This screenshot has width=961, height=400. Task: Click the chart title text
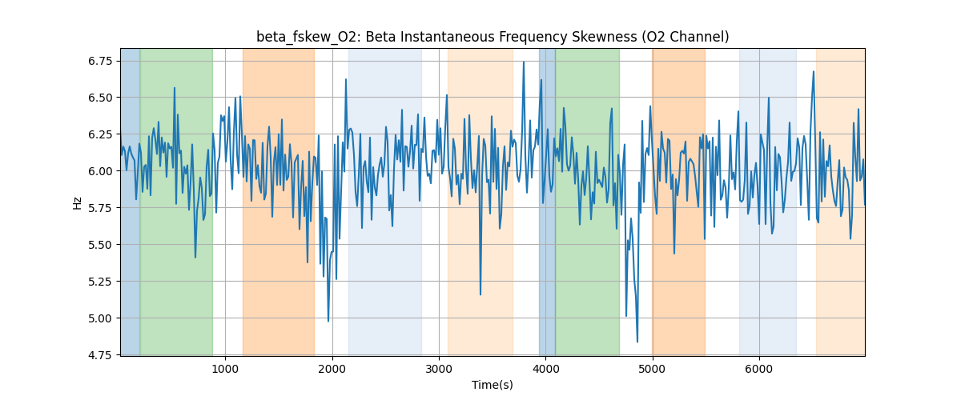[x=493, y=37]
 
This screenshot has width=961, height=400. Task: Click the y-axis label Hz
[x=78, y=202]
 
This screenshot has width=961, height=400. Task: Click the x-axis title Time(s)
[x=493, y=385]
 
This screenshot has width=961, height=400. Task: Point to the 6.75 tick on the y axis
[x=100, y=61]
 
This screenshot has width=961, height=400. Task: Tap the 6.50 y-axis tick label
[x=100, y=98]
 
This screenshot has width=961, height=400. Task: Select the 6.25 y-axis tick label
[x=100, y=134]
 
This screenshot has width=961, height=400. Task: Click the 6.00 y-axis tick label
[x=100, y=171]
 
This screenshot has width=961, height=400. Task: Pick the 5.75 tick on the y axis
[x=100, y=208]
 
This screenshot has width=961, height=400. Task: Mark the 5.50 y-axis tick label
[x=100, y=245]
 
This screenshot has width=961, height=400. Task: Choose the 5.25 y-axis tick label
[x=100, y=282]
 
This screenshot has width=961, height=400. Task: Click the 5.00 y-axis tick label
[x=100, y=318]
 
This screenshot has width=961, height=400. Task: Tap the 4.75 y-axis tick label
[x=100, y=355]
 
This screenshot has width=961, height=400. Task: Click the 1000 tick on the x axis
[x=226, y=369]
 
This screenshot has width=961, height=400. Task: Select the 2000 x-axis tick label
[x=332, y=369]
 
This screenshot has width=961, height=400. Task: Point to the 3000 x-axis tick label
[x=439, y=369]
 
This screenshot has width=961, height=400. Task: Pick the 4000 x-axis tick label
[x=545, y=369]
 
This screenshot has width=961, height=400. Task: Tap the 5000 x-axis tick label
[x=653, y=369]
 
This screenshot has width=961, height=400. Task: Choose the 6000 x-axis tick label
[x=759, y=369]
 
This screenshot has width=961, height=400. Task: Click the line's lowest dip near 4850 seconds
[x=637, y=342]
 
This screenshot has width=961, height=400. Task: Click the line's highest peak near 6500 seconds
[x=814, y=71]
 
